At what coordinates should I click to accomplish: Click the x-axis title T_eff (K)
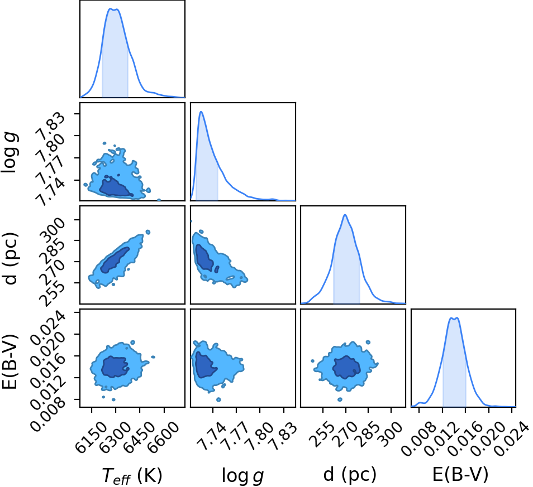[x=132, y=475]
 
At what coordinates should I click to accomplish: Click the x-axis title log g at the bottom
[x=242, y=475]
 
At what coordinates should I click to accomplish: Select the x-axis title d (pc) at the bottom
[x=350, y=474]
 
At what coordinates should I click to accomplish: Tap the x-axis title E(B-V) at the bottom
[x=460, y=474]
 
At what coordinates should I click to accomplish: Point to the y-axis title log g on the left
[x=10, y=153]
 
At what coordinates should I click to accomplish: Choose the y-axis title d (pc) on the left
[x=10, y=258]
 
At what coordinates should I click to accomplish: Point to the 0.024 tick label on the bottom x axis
[x=512, y=437]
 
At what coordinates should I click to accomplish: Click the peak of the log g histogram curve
[x=201, y=112]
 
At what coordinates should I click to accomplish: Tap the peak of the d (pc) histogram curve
[x=345, y=215]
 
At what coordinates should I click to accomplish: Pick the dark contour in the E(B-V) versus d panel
[x=346, y=366]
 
